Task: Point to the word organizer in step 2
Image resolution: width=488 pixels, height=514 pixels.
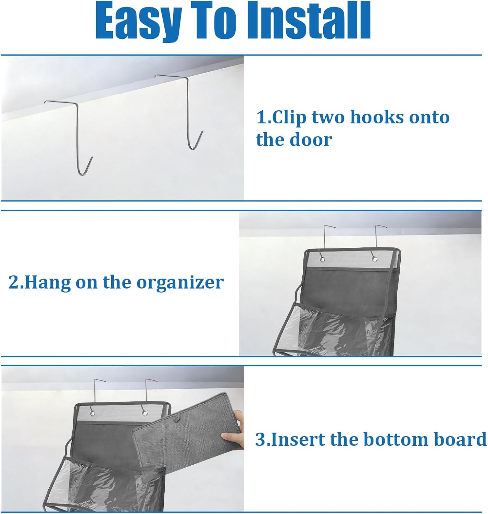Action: (x=180, y=283)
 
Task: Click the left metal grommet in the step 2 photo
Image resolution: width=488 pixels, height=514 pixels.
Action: (x=322, y=259)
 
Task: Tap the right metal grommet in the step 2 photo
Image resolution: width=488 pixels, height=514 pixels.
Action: (x=375, y=259)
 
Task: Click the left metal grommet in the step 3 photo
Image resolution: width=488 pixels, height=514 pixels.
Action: (x=92, y=413)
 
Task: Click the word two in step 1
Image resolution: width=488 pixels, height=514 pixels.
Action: (x=328, y=118)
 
